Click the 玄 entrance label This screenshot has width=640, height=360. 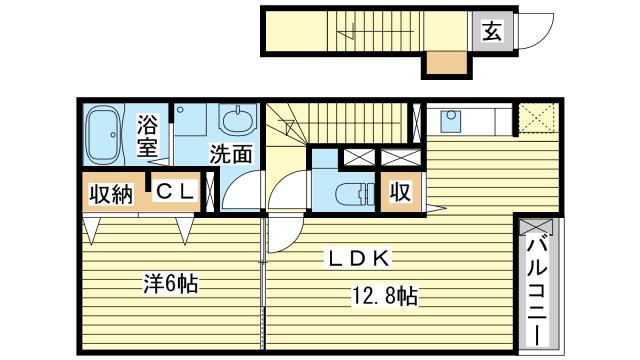point(492,32)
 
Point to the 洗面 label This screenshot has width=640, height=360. point(230,155)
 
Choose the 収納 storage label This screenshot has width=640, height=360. point(109,193)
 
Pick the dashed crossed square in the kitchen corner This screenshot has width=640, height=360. point(538,119)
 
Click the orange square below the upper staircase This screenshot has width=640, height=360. point(444,65)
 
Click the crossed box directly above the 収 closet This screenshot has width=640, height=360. point(400,158)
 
